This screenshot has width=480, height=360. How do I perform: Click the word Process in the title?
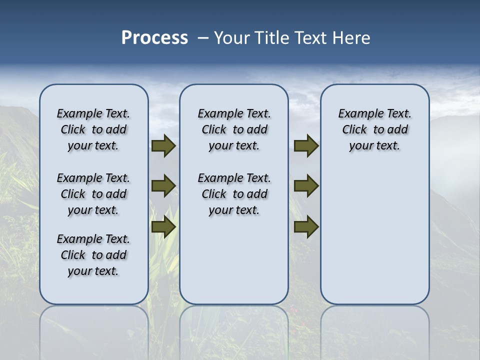[x=154, y=38]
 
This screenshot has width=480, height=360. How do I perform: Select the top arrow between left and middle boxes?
[x=163, y=146]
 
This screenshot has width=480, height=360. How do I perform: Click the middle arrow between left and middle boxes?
[x=163, y=186]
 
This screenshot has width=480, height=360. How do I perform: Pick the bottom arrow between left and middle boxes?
[x=163, y=226]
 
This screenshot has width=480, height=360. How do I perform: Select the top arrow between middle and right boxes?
[x=306, y=146]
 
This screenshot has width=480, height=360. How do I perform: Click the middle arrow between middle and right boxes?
[x=306, y=186]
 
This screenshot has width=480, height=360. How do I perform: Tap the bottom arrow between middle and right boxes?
[x=306, y=226]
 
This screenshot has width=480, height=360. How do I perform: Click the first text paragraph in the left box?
[x=93, y=129]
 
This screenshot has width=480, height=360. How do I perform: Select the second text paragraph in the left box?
[x=93, y=194]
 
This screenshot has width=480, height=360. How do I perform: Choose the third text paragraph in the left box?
[x=93, y=255]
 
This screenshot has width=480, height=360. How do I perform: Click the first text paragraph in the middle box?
[x=234, y=129]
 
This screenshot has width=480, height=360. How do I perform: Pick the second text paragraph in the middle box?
[x=234, y=194]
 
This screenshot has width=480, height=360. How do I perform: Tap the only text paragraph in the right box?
[x=374, y=129]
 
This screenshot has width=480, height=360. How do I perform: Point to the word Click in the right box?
[x=354, y=130]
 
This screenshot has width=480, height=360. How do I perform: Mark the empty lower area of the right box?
[x=374, y=235]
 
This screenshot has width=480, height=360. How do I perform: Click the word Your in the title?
[x=230, y=38]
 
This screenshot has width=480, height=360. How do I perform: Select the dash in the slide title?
[x=203, y=38]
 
